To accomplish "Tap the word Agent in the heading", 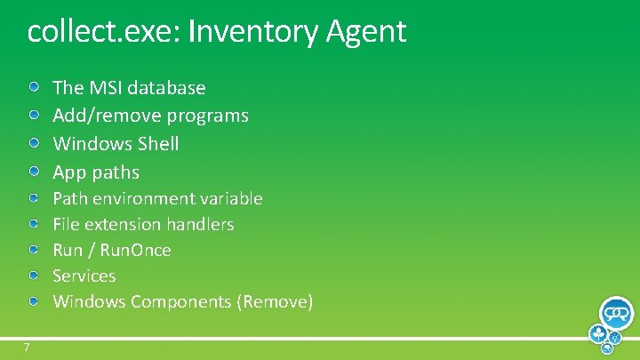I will [x=366, y=32].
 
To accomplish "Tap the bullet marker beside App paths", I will [x=33, y=170].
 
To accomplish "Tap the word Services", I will [x=84, y=276].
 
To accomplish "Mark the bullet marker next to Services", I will [x=33, y=276].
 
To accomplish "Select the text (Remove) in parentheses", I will [x=275, y=301].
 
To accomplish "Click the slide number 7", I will [x=27, y=346].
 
